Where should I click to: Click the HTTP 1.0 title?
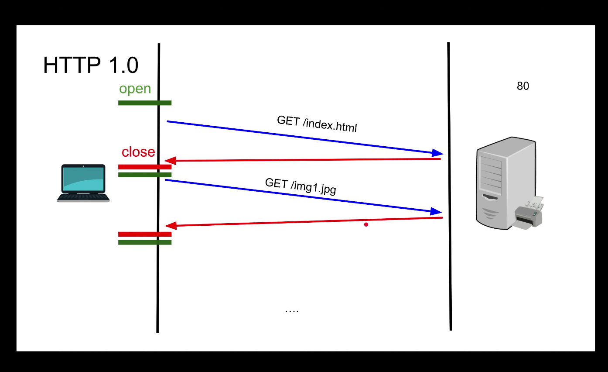pyautogui.click(x=91, y=65)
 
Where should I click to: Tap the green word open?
pyautogui.click(x=135, y=89)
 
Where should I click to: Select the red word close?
pyautogui.click(x=138, y=152)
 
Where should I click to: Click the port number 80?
pyautogui.click(x=523, y=86)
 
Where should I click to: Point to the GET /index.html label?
pyautogui.click(x=317, y=124)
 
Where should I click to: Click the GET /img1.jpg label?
pyautogui.click(x=301, y=186)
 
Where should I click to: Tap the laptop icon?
pyautogui.click(x=83, y=183)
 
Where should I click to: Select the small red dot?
pyautogui.click(x=366, y=224)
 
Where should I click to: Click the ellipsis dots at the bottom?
pyautogui.click(x=291, y=310)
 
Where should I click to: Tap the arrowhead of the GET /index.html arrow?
pyautogui.click(x=437, y=153)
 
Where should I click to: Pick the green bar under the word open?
pyautogui.click(x=145, y=103)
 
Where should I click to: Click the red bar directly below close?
pyautogui.click(x=145, y=167)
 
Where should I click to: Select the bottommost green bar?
pyautogui.click(x=145, y=242)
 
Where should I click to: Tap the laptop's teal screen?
pyautogui.click(x=83, y=179)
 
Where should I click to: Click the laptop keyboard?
pyautogui.click(x=83, y=197)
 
